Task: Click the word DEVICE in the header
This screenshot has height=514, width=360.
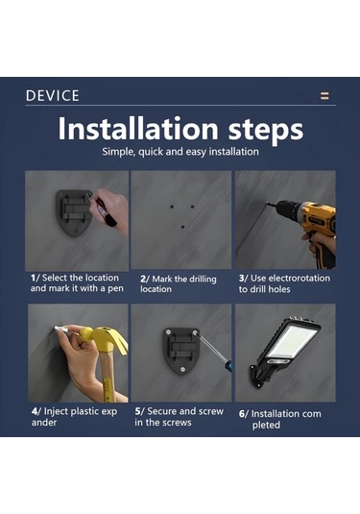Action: tap(53, 96)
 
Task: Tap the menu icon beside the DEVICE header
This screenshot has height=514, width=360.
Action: tap(324, 96)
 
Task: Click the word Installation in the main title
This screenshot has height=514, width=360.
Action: tap(138, 128)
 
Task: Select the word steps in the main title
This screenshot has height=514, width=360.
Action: tap(265, 131)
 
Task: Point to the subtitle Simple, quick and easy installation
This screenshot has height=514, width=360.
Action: tap(180, 152)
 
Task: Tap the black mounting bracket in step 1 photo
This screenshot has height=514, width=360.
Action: tap(72, 212)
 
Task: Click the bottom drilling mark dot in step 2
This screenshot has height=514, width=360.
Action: tap(182, 227)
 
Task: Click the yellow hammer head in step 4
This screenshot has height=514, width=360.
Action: tap(105, 338)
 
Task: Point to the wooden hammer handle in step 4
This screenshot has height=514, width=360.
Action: tap(107, 377)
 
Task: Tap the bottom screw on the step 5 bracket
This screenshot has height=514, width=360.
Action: tap(182, 370)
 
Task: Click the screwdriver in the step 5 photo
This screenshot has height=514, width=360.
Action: tap(213, 352)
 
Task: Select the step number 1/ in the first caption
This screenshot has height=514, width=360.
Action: tap(36, 278)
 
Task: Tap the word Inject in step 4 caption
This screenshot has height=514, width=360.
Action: tap(56, 412)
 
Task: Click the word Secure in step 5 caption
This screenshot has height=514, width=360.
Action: tap(161, 411)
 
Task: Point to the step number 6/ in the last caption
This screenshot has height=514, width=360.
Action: tap(244, 414)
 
